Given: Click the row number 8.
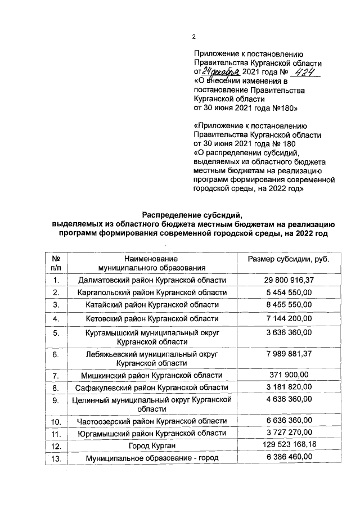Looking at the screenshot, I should click(x=56, y=388).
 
